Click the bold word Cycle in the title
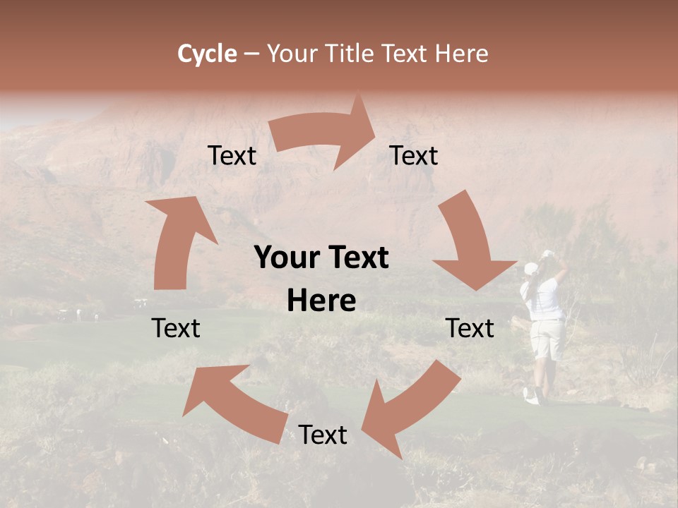(x=207, y=54)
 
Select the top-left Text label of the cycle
(x=232, y=155)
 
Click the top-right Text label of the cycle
(x=414, y=155)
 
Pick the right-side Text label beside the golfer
(x=470, y=328)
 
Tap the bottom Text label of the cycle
(x=323, y=435)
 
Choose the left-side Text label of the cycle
(x=176, y=328)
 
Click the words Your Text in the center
(x=321, y=258)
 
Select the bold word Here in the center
(x=321, y=301)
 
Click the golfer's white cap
(x=530, y=269)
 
